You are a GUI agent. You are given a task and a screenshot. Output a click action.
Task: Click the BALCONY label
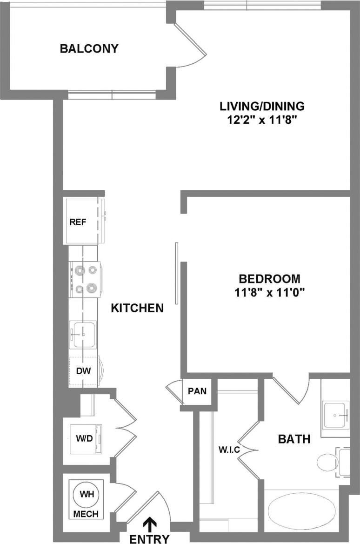[x=89, y=48]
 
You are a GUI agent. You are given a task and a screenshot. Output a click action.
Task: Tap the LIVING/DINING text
[x=262, y=106]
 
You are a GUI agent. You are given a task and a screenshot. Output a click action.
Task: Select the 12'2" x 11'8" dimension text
[x=262, y=120]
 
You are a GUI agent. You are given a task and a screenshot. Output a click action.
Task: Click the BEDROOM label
[x=269, y=279]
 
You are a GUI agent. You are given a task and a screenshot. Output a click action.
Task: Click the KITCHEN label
[x=137, y=308]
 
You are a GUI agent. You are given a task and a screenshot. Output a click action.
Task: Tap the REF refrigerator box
[x=78, y=222]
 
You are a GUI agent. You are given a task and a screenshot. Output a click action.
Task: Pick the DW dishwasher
[x=84, y=371]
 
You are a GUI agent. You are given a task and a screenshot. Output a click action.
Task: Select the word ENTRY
[x=149, y=538]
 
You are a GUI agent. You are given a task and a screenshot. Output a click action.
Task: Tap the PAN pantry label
[x=197, y=391]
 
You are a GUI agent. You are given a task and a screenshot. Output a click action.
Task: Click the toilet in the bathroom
[x=328, y=462]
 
